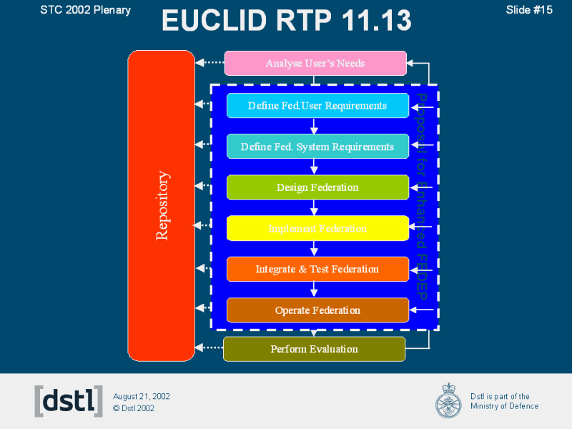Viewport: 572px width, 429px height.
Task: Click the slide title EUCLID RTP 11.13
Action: tap(286, 21)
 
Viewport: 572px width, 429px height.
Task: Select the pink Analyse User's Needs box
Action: tap(315, 64)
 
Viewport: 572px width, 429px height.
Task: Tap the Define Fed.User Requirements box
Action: tap(317, 106)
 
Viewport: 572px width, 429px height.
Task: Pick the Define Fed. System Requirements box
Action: tap(317, 147)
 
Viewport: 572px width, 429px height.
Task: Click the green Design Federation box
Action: tap(317, 187)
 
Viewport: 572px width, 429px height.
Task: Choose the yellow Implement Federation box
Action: tap(317, 228)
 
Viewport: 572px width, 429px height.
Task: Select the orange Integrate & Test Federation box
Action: tap(317, 269)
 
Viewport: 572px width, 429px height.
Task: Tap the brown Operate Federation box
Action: tap(317, 310)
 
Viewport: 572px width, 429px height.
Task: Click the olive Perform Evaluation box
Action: tap(315, 349)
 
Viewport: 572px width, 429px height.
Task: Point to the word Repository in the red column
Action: tap(162, 205)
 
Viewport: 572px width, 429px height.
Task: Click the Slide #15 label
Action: tap(529, 9)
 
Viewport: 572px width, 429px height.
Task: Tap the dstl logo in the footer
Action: tap(69, 401)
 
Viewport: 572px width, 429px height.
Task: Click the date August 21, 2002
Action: tap(142, 396)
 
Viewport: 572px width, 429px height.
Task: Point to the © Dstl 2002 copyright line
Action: tap(134, 409)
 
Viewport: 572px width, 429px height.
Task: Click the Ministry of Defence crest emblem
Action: tap(449, 400)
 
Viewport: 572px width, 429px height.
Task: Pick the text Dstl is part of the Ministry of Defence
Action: tap(504, 401)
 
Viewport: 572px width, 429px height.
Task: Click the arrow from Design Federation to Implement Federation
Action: tap(314, 207)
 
